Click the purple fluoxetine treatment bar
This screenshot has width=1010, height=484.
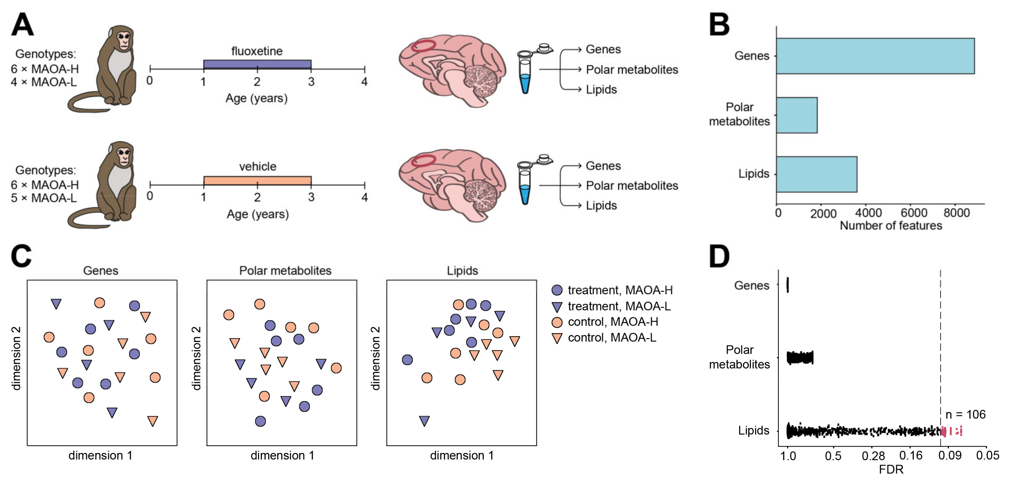[x=257, y=64]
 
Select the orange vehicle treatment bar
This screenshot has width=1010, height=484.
[x=257, y=181]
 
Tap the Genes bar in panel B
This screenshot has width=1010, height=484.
[x=874, y=56]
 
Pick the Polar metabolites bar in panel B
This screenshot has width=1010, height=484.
[x=796, y=115]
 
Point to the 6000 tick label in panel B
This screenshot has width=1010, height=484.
[x=913, y=213]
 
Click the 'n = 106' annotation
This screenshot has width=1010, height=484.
[x=965, y=414]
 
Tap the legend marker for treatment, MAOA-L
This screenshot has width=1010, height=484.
[x=557, y=307]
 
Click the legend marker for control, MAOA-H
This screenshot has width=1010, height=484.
[x=557, y=322]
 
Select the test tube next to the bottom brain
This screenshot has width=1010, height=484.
[x=525, y=184]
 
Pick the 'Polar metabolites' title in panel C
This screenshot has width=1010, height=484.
[x=285, y=271]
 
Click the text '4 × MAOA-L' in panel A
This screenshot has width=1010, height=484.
[x=44, y=82]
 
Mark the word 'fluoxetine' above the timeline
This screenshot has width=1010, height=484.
[x=257, y=51]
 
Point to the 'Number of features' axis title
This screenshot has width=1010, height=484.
[x=891, y=226]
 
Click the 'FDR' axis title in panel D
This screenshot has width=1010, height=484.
[x=891, y=469]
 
